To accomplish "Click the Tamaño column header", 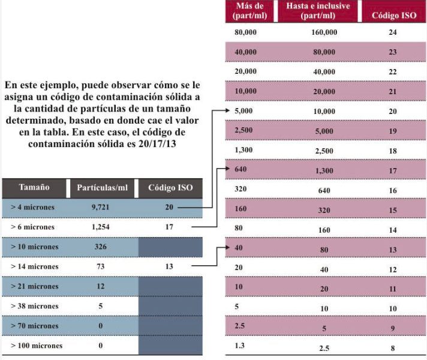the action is pos(34,187).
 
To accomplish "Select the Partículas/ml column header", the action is pos(103,187).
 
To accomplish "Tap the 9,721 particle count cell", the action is pos(100,207).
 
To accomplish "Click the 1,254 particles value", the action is pos(101,227).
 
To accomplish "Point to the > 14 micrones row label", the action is pos(35,266).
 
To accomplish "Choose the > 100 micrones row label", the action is pos(37,346).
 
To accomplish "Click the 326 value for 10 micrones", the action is pos(101,247).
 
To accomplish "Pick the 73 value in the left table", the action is pos(101,266).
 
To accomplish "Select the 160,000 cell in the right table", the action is pos(324,32).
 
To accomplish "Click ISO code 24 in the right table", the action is pos(392,32).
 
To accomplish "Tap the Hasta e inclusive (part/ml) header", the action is pos(318,10).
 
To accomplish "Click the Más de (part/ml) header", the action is pos(249,10).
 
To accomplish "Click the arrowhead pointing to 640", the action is pos(228,169).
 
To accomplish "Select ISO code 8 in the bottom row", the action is pos(393,348).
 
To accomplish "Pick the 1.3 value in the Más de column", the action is pos(240,346).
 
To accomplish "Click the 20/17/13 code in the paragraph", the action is pos(157,143).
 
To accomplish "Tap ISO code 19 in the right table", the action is pos(392,131).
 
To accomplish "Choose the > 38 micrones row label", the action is pos(35,306).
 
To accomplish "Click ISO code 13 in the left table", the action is pos(169,266).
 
